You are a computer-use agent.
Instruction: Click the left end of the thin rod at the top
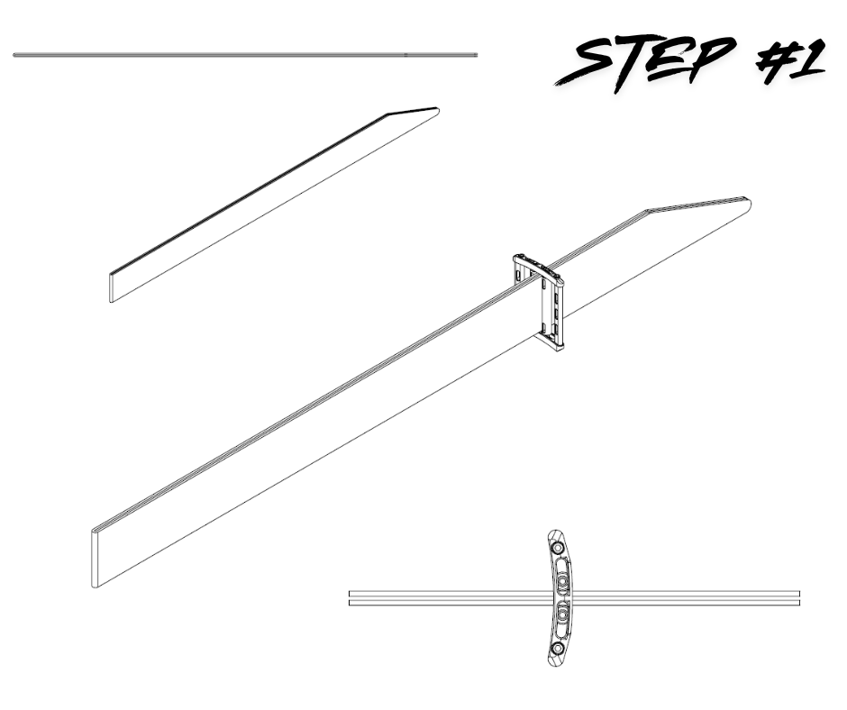(x=14, y=55)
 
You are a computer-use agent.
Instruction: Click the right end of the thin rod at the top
(x=476, y=55)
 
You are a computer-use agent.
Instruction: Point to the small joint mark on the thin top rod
(x=406, y=55)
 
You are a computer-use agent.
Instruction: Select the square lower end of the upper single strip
(x=112, y=288)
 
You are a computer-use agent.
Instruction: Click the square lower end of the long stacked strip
(x=96, y=558)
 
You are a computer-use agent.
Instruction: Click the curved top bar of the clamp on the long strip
(x=537, y=267)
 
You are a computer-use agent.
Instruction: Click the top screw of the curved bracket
(x=556, y=547)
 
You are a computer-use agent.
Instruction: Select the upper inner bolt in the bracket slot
(x=563, y=581)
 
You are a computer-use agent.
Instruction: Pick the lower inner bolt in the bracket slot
(x=563, y=614)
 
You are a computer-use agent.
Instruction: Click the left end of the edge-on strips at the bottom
(x=351, y=597)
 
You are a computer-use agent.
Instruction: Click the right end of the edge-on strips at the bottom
(x=799, y=597)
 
